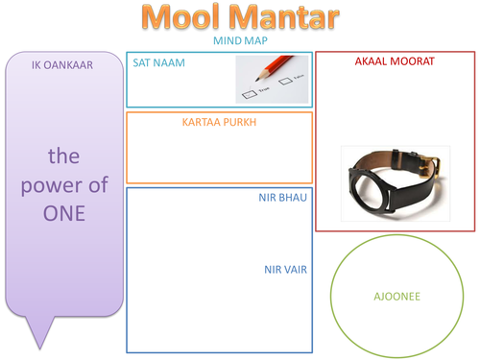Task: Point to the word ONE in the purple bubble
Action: (x=63, y=213)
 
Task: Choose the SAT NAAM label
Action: (x=158, y=62)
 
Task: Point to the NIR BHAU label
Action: (x=285, y=199)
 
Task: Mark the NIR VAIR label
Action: (x=285, y=270)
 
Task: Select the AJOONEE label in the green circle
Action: (x=396, y=297)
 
